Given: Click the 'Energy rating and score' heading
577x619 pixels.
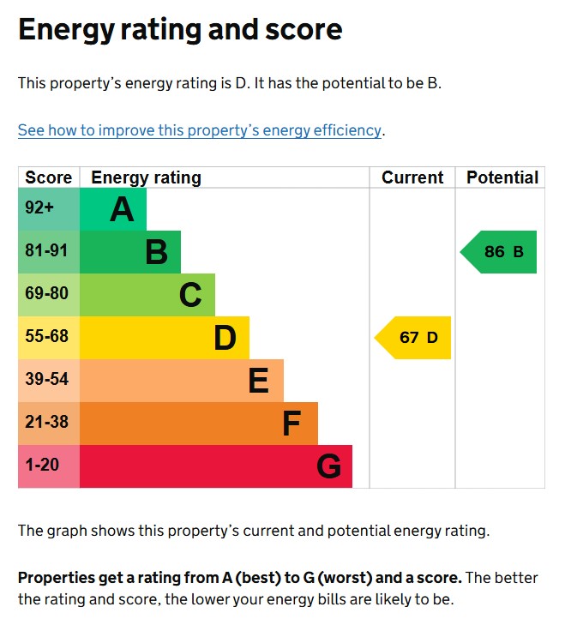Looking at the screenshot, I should pos(180,30).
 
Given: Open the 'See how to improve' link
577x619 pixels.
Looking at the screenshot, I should pos(199,130).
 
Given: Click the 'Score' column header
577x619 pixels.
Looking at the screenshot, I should pos(49,177).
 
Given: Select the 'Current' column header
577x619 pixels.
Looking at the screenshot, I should pos(412,177).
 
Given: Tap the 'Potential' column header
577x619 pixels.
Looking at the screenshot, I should pos(502,177).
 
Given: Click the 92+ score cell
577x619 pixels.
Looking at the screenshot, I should pos(39,208).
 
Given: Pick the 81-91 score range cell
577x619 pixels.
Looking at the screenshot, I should pos(46,251).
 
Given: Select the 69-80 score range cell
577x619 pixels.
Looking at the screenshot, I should pos(46,294).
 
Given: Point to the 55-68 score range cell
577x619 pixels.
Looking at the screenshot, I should pos(46,337).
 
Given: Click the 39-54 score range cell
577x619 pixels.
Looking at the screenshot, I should pos(46,380).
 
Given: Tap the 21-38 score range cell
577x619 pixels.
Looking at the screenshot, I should pos(46,423).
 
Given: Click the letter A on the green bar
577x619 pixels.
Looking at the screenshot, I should pos(122,209).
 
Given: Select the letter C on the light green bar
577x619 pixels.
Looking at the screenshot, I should pos(190,295).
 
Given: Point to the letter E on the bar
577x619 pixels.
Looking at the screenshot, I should pos(258,381).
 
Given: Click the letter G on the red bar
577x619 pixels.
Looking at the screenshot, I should pos(328,466).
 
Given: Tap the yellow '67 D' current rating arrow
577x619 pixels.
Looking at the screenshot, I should pos(415,337).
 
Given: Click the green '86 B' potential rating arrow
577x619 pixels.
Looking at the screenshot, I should pos(501,251).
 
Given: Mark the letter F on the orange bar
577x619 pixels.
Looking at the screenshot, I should pos(292,424).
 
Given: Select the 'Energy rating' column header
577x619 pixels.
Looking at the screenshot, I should pos(146,177).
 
